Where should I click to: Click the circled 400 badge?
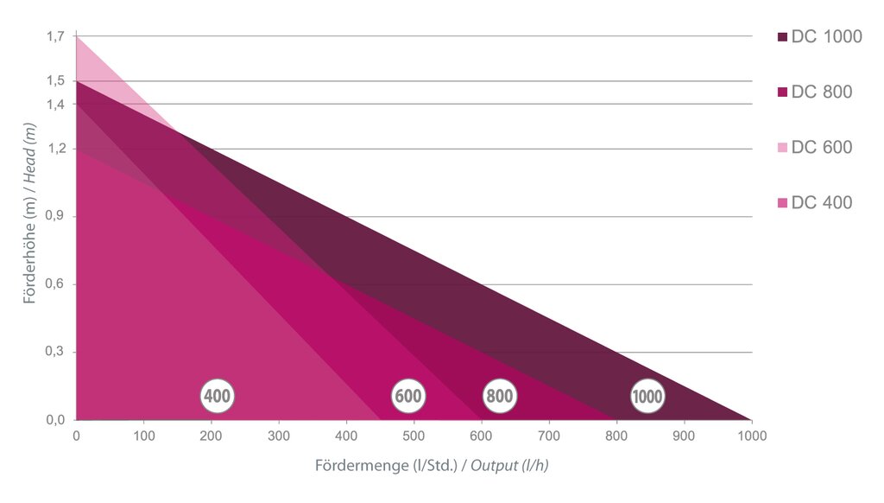tap(217, 397)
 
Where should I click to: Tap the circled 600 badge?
tap(407, 397)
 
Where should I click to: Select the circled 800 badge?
tap(499, 397)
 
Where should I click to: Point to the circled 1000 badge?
tap(647, 397)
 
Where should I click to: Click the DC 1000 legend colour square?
tap(782, 37)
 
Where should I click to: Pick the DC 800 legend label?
tap(821, 92)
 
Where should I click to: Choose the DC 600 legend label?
tap(821, 148)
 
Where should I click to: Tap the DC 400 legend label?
tap(821, 203)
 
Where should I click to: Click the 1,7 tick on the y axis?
tap(55, 36)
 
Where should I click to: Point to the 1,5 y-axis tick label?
tap(55, 81)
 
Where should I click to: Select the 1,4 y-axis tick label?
tap(55, 104)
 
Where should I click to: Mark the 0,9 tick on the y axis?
tap(55, 217)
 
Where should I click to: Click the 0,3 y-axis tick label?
tap(55, 353)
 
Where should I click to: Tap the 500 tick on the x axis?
tap(414, 437)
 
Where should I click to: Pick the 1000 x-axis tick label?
tap(750, 437)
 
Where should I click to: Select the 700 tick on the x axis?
tap(549, 437)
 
